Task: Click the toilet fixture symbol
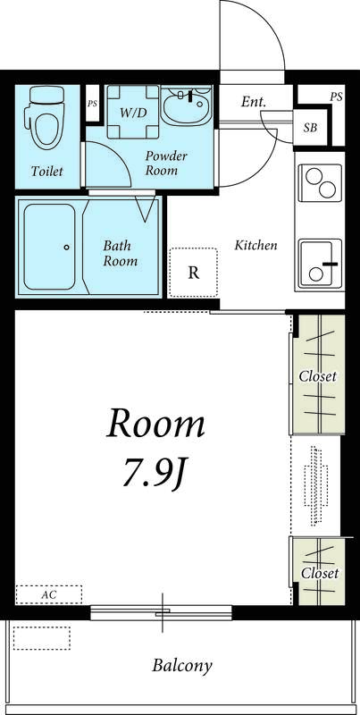[46, 117]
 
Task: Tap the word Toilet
[47, 172]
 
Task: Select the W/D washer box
[133, 112]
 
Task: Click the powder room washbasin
[186, 105]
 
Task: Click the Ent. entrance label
[254, 102]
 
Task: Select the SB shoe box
[310, 128]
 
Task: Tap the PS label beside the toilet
[93, 104]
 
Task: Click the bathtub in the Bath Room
[49, 247]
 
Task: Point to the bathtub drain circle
[66, 248]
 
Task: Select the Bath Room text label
[120, 253]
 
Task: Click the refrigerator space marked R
[194, 273]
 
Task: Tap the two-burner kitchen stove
[321, 182]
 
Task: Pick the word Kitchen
[255, 245]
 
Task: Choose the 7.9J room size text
[155, 475]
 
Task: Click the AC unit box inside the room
[49, 594]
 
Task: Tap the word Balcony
[182, 666]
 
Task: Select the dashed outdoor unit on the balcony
[41, 637]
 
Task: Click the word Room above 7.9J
[155, 424]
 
